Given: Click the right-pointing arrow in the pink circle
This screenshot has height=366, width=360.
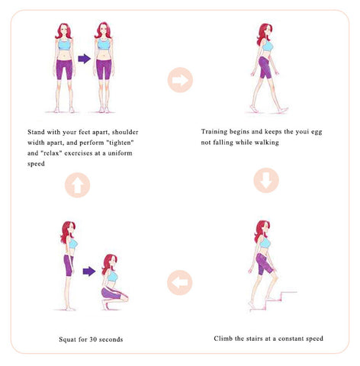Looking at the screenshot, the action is pos(180,80).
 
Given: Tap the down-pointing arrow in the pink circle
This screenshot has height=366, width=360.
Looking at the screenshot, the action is pos(266,180).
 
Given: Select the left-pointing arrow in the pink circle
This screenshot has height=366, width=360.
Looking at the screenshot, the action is pos(179,283).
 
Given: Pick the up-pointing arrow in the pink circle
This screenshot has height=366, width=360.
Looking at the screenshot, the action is pos(78,185).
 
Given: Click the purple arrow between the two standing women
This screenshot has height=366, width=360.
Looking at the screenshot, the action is pos(84,59).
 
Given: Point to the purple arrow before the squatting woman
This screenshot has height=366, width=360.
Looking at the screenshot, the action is pos(89,271).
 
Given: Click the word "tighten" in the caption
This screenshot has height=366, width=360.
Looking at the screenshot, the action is pos(121,143).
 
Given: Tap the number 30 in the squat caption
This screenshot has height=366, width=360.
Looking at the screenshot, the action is pos(92,339).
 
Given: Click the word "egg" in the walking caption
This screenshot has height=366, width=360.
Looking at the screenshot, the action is pos(317,132).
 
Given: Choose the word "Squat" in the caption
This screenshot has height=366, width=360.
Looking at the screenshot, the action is pos(67,339).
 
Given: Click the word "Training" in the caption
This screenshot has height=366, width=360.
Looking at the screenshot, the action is pos(214,132).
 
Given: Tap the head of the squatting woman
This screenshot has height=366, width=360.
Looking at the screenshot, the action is pos(110,264).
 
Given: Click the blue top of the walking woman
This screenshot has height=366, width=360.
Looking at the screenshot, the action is pos(268,47).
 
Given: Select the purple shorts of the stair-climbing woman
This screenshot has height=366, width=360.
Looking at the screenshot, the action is pos(264,265).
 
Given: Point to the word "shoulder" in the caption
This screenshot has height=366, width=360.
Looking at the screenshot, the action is pos(125,132).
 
